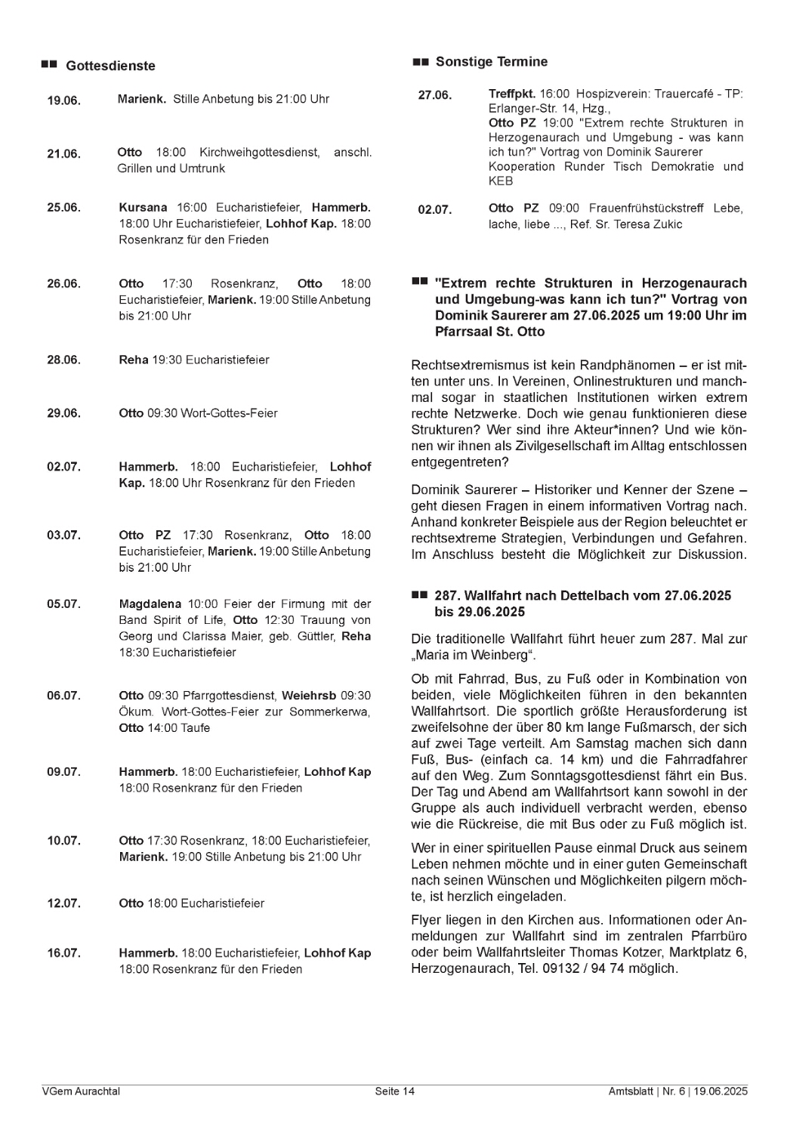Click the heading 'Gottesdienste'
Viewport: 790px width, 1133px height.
pos(110,66)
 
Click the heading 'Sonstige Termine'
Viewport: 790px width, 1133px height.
pos(492,62)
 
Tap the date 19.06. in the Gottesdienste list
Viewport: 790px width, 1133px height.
pos(63,100)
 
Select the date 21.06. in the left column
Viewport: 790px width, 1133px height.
pos(63,154)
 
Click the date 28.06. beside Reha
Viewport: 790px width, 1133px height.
pos(63,360)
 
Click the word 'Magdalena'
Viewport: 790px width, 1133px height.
pos(150,604)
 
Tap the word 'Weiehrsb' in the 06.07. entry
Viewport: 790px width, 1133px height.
pos(309,696)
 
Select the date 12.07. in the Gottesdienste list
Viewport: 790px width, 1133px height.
pos(63,903)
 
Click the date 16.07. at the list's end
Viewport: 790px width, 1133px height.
pos(63,953)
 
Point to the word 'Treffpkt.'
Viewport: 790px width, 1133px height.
pos(512,94)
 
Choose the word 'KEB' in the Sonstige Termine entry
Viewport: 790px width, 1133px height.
pos(501,181)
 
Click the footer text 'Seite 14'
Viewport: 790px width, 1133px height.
pos(395,1091)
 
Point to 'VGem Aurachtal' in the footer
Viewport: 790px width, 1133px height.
pos(81,1091)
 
